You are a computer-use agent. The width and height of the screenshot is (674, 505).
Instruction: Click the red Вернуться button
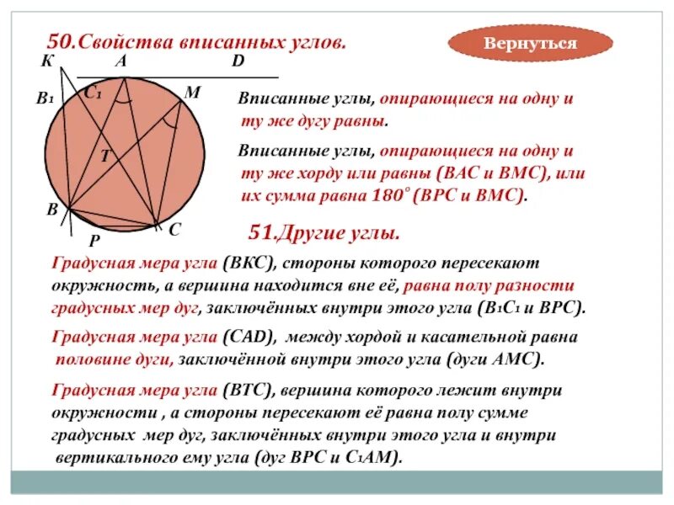tap(530, 43)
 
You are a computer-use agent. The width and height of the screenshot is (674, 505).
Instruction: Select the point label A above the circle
tap(120, 61)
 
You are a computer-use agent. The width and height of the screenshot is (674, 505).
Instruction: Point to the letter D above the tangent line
tap(238, 61)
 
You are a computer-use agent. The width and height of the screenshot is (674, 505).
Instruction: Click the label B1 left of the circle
tap(45, 98)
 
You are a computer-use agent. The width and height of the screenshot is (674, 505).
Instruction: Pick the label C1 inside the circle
tap(93, 95)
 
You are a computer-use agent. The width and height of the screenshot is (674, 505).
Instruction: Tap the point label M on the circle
tap(192, 93)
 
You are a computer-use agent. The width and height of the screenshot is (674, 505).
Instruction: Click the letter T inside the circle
tap(105, 155)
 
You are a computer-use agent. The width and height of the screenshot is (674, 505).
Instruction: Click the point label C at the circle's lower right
tap(174, 229)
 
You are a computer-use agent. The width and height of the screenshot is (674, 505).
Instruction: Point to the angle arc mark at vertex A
tap(124, 98)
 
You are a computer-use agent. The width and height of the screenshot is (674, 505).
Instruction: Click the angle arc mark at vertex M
tap(172, 121)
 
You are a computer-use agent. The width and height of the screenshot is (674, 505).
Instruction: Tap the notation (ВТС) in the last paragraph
tap(247, 391)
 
